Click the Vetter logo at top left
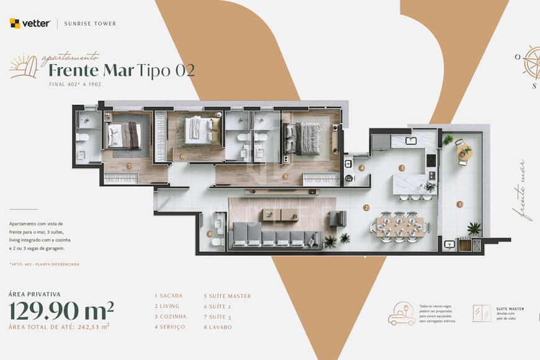pyautogui.click(x=30, y=24)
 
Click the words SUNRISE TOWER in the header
pyautogui.click(x=90, y=24)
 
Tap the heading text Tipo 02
pyautogui.click(x=166, y=70)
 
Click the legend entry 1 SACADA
pyautogui.click(x=169, y=296)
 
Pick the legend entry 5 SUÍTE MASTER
pyautogui.click(x=227, y=296)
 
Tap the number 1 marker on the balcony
pyautogui.click(x=460, y=204)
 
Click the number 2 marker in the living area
pyautogui.click(x=366, y=208)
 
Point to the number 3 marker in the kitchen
pyautogui.click(x=402, y=168)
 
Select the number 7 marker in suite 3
pyautogui.click(x=128, y=166)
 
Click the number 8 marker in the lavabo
pyautogui.click(x=210, y=234)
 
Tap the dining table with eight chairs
pyautogui.click(x=400, y=226)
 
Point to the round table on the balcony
pyautogui.click(x=464, y=151)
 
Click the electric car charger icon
pyautogui.click(x=402, y=313)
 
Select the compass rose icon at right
pyautogui.click(x=532, y=62)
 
